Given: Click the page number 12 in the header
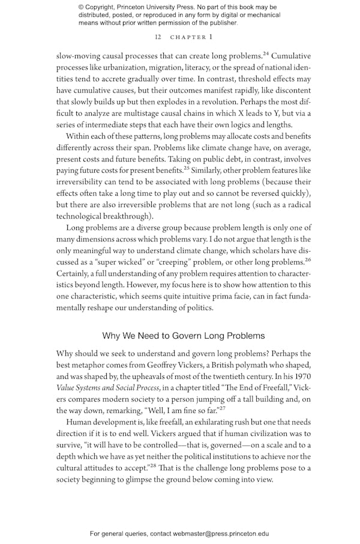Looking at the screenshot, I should (158, 37).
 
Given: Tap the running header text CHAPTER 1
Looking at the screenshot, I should (191, 37).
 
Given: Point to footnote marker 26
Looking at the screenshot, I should (308, 260).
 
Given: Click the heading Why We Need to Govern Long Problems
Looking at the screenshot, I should (184, 336).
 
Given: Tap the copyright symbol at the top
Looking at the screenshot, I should (82, 8).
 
